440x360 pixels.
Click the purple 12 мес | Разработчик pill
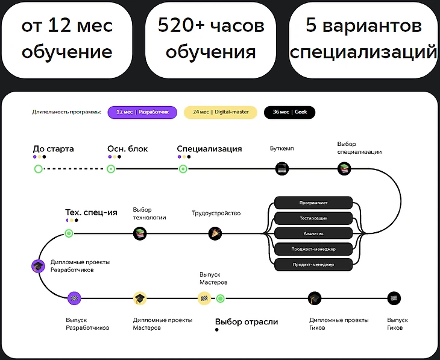click(x=142, y=112)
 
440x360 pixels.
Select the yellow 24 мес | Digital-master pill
click(x=220, y=112)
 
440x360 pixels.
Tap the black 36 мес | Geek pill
click(x=289, y=112)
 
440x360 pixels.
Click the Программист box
click(x=313, y=202)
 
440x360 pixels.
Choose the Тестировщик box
click(x=313, y=218)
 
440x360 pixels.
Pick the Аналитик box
click(x=313, y=233)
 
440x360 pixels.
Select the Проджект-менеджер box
click(x=313, y=249)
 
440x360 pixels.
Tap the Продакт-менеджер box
click(x=313, y=265)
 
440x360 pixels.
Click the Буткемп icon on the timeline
click(x=281, y=169)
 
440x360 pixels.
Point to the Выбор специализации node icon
click(x=344, y=169)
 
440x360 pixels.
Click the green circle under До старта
click(x=39, y=169)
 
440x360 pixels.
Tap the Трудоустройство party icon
click(x=215, y=233)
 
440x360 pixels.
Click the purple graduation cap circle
click(x=39, y=266)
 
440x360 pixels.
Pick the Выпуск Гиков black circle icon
click(x=394, y=298)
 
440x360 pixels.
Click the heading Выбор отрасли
click(x=247, y=322)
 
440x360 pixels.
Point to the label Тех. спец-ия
click(x=91, y=212)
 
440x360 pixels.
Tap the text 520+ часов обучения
click(x=211, y=39)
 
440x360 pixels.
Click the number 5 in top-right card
click(x=311, y=26)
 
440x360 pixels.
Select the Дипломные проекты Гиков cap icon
click(x=314, y=298)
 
